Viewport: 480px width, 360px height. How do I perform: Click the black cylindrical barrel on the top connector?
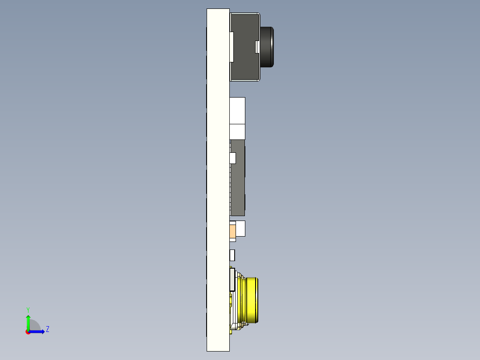[267, 47]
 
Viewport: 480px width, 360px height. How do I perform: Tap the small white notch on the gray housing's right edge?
[257, 46]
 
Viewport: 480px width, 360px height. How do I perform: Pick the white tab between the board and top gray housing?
[232, 47]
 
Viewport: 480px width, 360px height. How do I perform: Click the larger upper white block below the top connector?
[237, 110]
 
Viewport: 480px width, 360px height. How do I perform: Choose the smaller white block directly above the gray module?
[237, 131]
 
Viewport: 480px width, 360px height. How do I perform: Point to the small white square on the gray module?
[232, 158]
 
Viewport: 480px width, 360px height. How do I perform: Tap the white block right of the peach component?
[240, 229]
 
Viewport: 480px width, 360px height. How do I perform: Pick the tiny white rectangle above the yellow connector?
[232, 255]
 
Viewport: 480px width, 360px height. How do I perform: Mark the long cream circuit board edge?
[218, 178]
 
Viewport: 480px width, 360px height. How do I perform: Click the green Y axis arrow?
[28, 322]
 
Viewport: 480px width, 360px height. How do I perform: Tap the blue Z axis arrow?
[38, 331]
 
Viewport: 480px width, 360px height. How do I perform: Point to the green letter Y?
[28, 309]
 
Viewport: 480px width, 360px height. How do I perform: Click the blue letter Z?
[47, 329]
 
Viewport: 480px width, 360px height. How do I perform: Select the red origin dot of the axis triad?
[28, 332]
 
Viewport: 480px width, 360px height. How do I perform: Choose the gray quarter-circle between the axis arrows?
[35, 326]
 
